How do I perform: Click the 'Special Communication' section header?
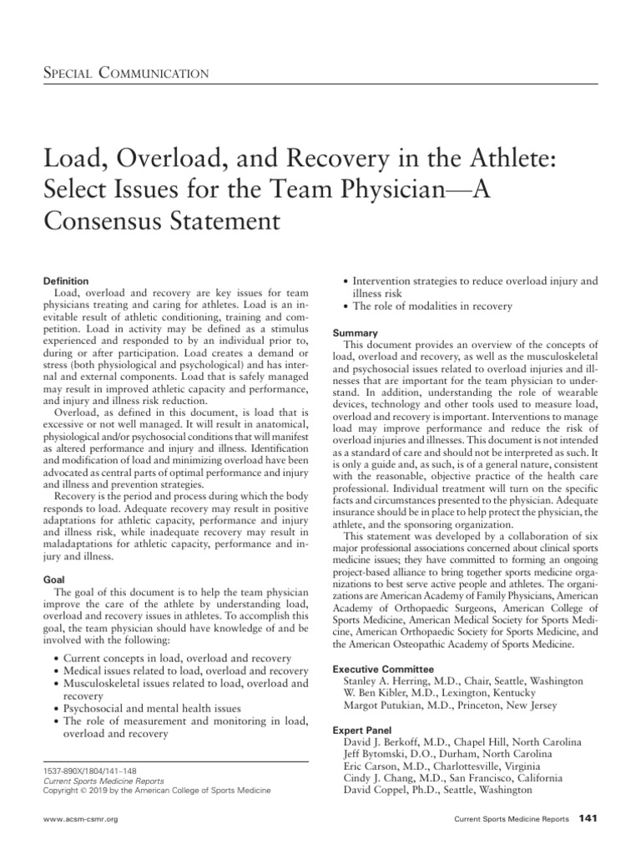click(125, 73)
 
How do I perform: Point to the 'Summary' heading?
click(356, 332)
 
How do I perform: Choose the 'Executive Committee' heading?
click(383, 669)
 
